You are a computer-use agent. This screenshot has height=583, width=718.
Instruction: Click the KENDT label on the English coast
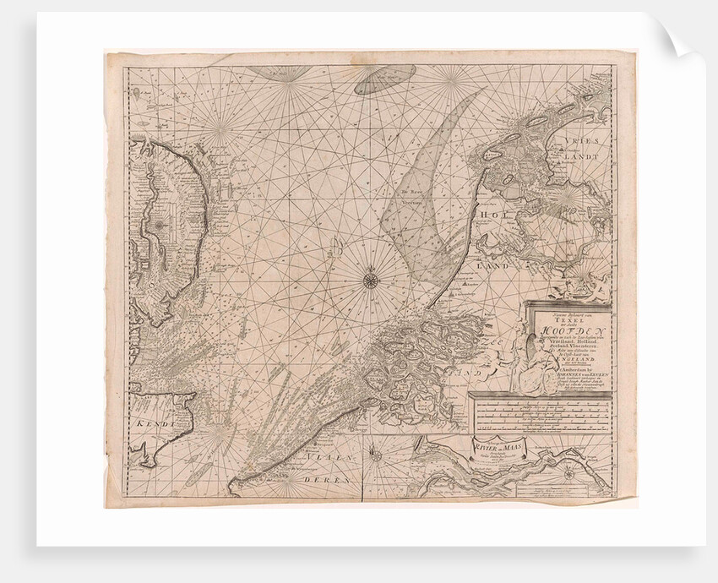tap(153, 419)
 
